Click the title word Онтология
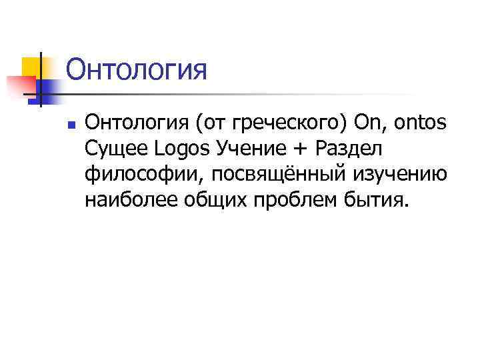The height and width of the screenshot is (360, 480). point(137,69)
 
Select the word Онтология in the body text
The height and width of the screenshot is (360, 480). point(133,123)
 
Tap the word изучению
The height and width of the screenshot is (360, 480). point(399,174)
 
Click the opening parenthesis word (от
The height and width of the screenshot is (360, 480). point(199,123)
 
